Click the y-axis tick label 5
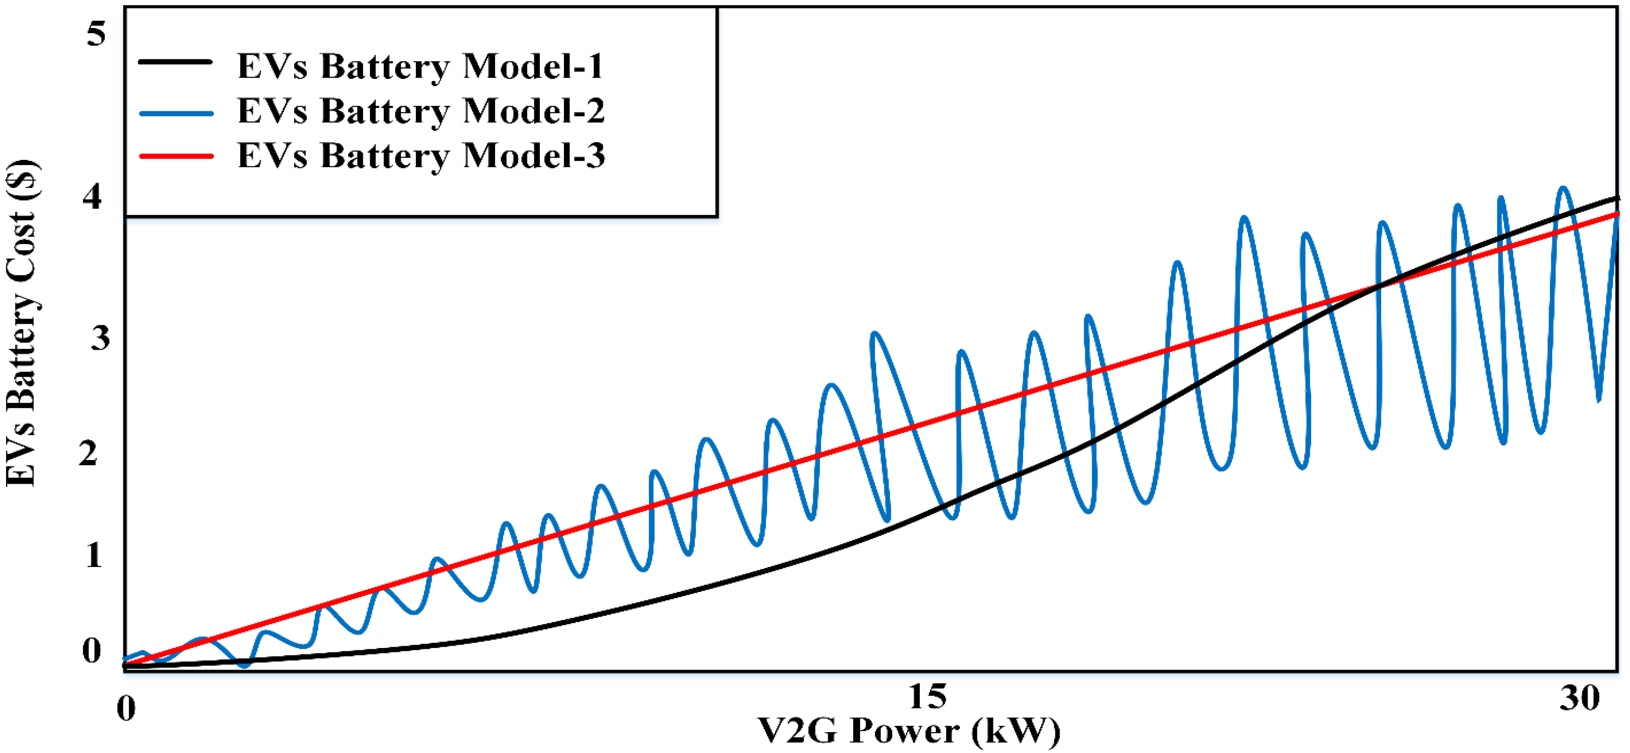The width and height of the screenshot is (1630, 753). [96, 33]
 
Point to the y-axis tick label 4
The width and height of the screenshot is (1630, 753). [93, 198]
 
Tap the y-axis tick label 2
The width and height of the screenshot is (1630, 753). [89, 454]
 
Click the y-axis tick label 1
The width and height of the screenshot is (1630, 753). [94, 555]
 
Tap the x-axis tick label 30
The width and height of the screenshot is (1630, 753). [1580, 698]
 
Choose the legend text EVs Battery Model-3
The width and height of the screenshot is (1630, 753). [421, 155]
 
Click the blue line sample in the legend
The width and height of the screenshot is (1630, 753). [175, 114]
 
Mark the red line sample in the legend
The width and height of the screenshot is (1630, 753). [175, 155]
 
